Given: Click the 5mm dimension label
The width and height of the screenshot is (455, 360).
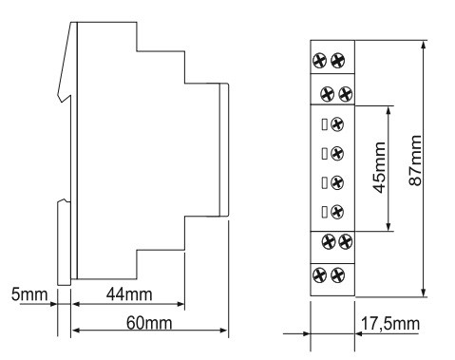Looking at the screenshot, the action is (x=29, y=294).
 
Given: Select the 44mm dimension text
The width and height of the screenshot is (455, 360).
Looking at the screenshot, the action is (x=129, y=294).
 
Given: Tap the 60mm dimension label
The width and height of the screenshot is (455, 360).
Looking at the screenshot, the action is (x=149, y=323).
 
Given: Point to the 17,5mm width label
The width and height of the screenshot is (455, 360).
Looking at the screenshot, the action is (x=390, y=324).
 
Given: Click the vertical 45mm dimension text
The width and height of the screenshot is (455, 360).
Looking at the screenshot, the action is (x=379, y=167).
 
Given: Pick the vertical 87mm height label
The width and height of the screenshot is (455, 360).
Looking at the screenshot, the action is (x=415, y=161).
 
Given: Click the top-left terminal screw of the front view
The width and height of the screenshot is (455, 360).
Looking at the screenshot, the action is (x=319, y=60).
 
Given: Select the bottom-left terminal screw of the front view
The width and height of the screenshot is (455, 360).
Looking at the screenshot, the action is (x=319, y=275).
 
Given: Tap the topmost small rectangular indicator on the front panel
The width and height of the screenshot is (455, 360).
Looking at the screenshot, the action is (x=325, y=124).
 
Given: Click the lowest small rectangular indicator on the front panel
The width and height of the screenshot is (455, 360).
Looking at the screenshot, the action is (x=325, y=212).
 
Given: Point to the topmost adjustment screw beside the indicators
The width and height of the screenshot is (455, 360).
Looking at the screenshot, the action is (x=337, y=124).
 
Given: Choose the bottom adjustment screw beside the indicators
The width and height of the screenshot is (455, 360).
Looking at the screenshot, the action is (x=337, y=212).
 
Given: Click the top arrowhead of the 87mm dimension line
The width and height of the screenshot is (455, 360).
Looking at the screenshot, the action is (x=424, y=45).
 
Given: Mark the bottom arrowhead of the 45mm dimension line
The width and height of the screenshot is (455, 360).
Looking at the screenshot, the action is (x=389, y=227).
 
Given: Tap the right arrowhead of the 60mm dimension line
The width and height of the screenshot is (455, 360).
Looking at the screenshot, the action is (x=223, y=331).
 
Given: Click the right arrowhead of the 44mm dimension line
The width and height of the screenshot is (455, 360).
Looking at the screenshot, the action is (x=180, y=304).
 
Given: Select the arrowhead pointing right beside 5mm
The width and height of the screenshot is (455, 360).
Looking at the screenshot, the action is (x=53, y=304).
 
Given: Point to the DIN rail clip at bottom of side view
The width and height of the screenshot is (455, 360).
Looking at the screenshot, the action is (x=64, y=242).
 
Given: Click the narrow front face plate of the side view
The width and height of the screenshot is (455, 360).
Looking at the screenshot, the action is (x=224, y=150).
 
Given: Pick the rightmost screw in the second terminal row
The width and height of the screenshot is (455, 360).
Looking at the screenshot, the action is (x=346, y=94).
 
